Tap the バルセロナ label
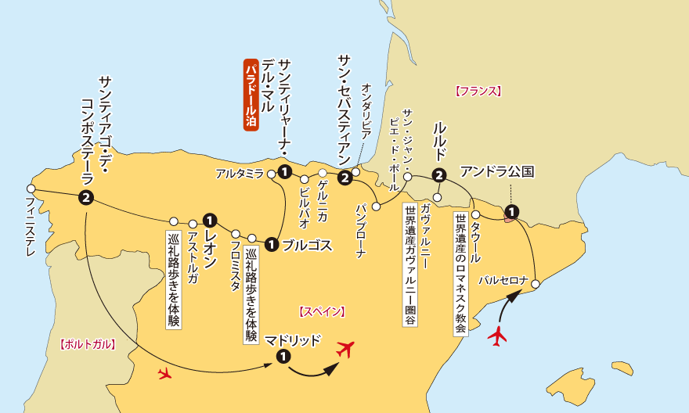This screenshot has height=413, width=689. tap(502, 278)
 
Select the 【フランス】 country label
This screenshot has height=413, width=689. tap(477, 91)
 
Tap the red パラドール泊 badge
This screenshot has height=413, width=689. tap(251, 94)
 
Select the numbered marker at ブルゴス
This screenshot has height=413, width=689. tap(271, 244)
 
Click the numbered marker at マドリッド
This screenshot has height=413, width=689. tap(283, 357)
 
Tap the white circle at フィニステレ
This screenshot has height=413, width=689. tap(31, 189)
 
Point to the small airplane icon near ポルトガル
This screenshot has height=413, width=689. tap(164, 373)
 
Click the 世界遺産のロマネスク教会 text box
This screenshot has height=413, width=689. tap(460, 275)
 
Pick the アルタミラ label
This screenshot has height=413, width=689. tap(240, 174)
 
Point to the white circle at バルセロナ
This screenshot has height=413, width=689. tap(536, 282)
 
